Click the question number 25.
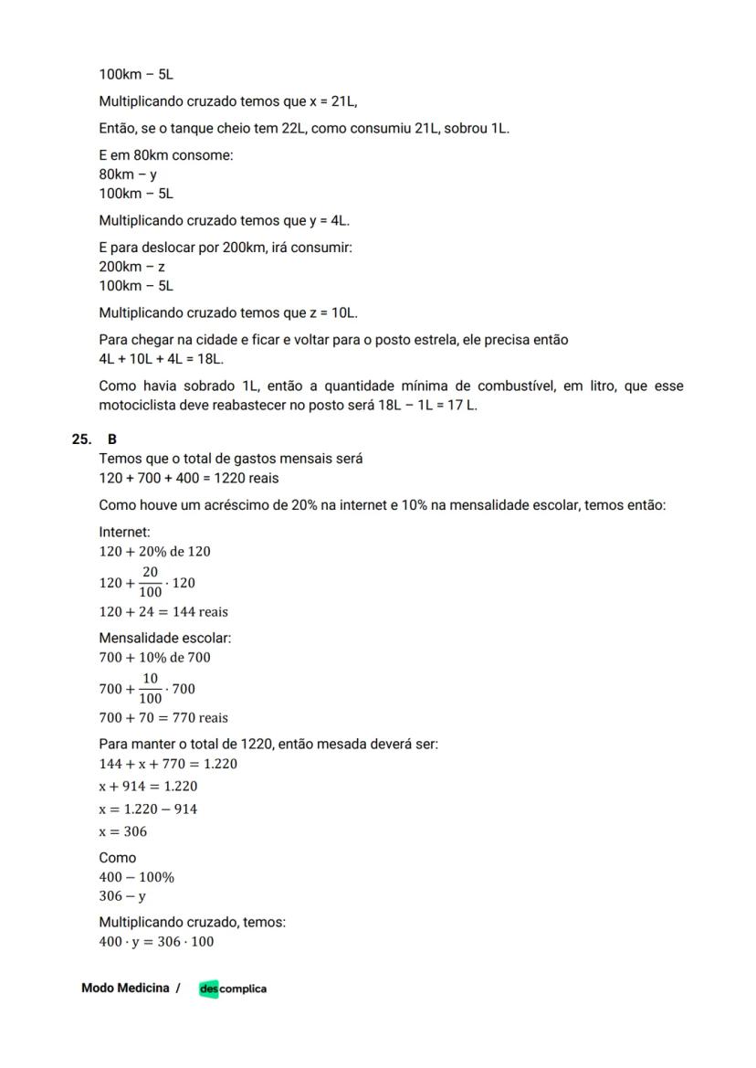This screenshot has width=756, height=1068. tap(80, 439)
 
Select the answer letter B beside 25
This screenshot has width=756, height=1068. tap(112, 439)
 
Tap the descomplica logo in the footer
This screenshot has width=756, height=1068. tap(233, 989)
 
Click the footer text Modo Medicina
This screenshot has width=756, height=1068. tap(125, 989)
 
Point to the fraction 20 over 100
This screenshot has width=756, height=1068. tap(150, 582)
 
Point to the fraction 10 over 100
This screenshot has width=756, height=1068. tap(150, 688)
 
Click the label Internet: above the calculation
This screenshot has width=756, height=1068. tap(124, 532)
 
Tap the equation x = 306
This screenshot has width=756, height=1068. tap(122, 831)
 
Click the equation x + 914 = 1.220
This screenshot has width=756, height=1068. tap(148, 786)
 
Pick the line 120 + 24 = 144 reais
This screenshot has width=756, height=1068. tap(163, 612)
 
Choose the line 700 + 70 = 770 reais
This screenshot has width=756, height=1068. tap(163, 718)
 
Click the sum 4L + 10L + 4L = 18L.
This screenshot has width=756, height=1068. tap(162, 359)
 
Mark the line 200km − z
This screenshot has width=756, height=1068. tap(131, 267)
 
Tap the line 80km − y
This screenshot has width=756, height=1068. tap(128, 174)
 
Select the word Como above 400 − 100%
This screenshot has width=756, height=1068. tap(118, 858)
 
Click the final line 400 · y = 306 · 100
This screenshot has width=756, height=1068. tap(156, 941)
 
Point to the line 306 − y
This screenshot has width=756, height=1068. tap(122, 896)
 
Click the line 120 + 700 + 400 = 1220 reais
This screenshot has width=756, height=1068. tap(189, 478)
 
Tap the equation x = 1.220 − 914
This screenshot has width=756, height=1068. tap(148, 809)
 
